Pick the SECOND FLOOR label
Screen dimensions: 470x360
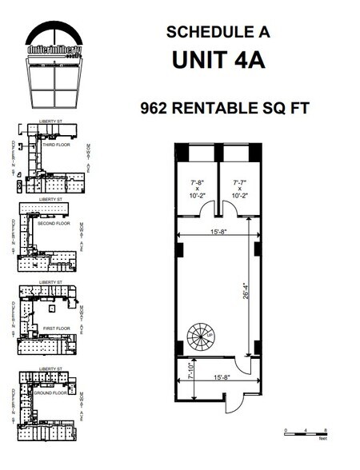tap(54, 223)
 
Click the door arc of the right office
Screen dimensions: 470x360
tap(226, 209)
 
